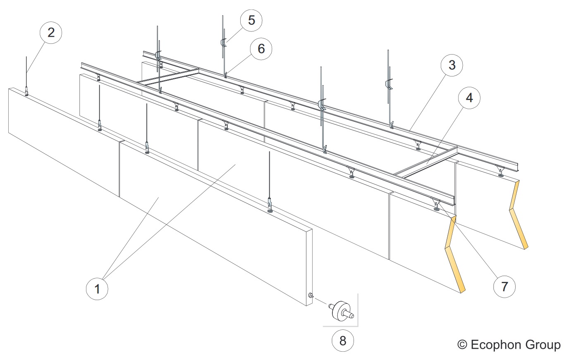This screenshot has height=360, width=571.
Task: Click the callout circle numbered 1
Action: pyautogui.click(x=97, y=288)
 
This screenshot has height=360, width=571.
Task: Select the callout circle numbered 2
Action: pyautogui.click(x=51, y=33)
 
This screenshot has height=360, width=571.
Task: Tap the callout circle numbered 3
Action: pyautogui.click(x=452, y=65)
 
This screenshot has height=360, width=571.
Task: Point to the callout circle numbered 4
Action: pyautogui.click(x=469, y=98)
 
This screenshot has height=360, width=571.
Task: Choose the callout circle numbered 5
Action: pyautogui.click(x=251, y=20)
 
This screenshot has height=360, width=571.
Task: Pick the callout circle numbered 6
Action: pyautogui.click(x=261, y=49)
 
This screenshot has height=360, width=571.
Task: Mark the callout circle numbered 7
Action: pyautogui.click(x=504, y=286)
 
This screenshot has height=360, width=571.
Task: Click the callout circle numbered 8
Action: pyautogui.click(x=343, y=341)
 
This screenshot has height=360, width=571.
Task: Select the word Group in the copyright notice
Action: pyautogui.click(x=543, y=345)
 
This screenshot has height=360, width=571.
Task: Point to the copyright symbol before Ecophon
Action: pyautogui.click(x=462, y=344)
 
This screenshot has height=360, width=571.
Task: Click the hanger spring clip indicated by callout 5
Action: pyautogui.click(x=223, y=43)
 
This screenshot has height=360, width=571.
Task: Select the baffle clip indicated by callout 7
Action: pyautogui.click(x=436, y=205)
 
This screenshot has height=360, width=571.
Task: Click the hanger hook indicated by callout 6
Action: pyautogui.click(x=226, y=75)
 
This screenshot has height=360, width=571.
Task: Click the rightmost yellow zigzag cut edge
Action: pyautogui.click(x=518, y=215)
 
